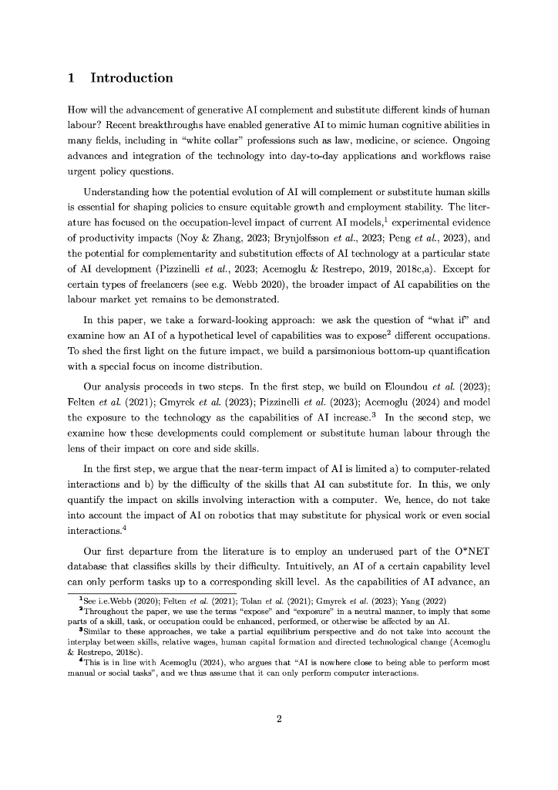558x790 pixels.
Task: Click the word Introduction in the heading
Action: (132, 78)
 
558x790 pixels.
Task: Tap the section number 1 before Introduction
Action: (71, 78)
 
